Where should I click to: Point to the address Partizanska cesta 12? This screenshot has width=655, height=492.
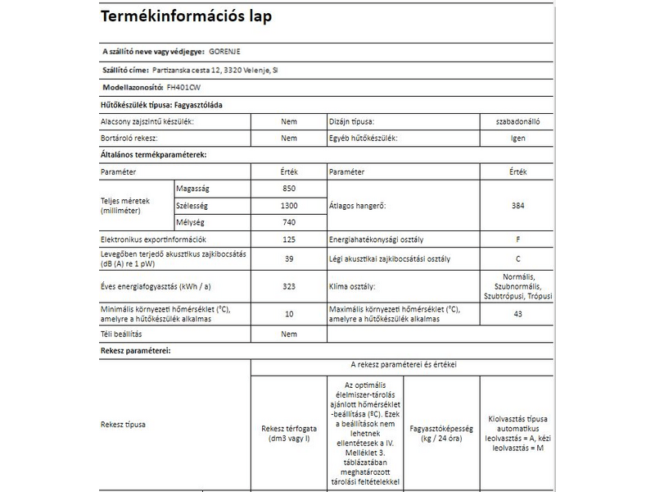point(191,69)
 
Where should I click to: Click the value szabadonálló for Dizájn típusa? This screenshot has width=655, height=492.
point(517,121)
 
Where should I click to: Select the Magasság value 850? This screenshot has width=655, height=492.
point(288,189)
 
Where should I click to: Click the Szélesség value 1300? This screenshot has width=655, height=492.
point(288,206)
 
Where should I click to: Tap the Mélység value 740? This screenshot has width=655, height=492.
point(288,223)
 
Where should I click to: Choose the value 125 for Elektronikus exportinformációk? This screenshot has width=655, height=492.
point(288,240)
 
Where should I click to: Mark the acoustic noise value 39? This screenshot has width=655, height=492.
point(288,259)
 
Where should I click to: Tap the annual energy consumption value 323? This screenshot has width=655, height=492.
point(288,287)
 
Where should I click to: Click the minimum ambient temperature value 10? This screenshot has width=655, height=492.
point(288,314)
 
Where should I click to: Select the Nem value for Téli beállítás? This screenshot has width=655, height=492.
point(288,335)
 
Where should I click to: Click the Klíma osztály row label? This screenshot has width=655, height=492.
point(351,287)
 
